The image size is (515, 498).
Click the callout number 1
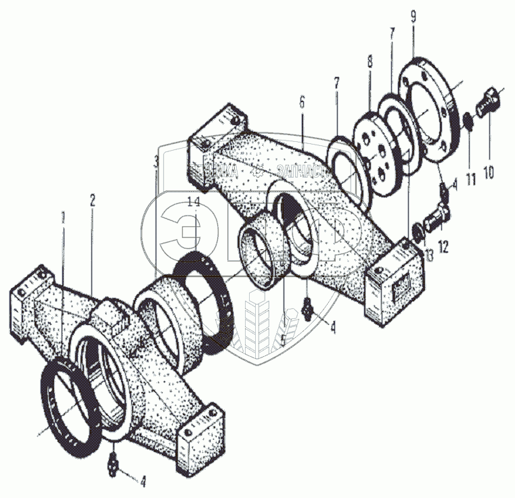pos(62,218)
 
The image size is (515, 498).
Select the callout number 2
pos(93,200)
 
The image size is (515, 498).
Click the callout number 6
pos(302,102)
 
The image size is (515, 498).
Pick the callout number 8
pos(370,61)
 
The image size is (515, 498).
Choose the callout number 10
pos(489,172)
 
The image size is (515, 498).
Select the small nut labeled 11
pos(466,122)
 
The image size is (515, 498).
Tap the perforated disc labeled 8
pos(380,149)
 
